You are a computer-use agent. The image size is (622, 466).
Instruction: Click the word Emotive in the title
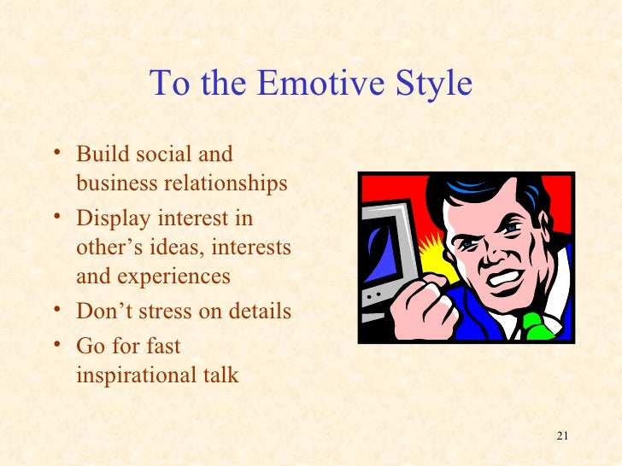coord(306,84)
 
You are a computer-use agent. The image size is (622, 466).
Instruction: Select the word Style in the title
coord(426,84)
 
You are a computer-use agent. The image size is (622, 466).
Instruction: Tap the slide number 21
coord(561,437)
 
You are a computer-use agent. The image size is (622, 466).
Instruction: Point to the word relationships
coord(229,184)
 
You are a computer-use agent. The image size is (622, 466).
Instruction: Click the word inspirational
coord(130,375)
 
